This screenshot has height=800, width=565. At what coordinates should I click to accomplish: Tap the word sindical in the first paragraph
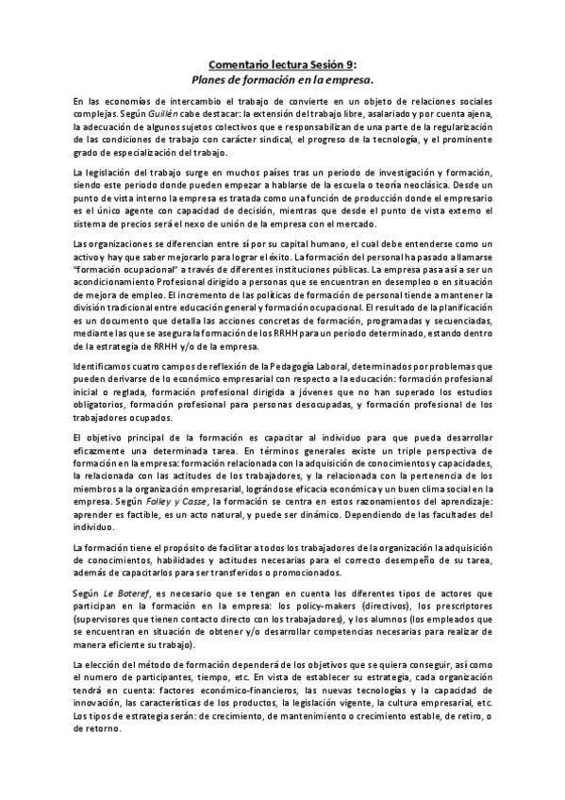[x=272, y=139]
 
